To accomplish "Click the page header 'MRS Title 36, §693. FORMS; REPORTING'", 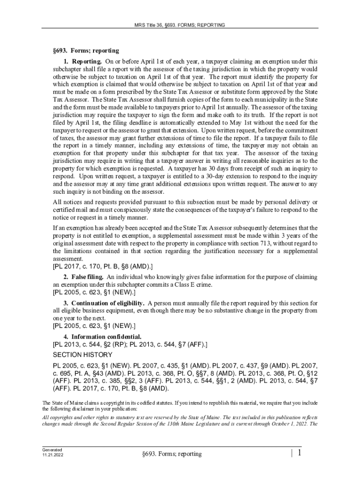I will click(x=180, y=24).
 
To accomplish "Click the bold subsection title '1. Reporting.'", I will click(x=83, y=61).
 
